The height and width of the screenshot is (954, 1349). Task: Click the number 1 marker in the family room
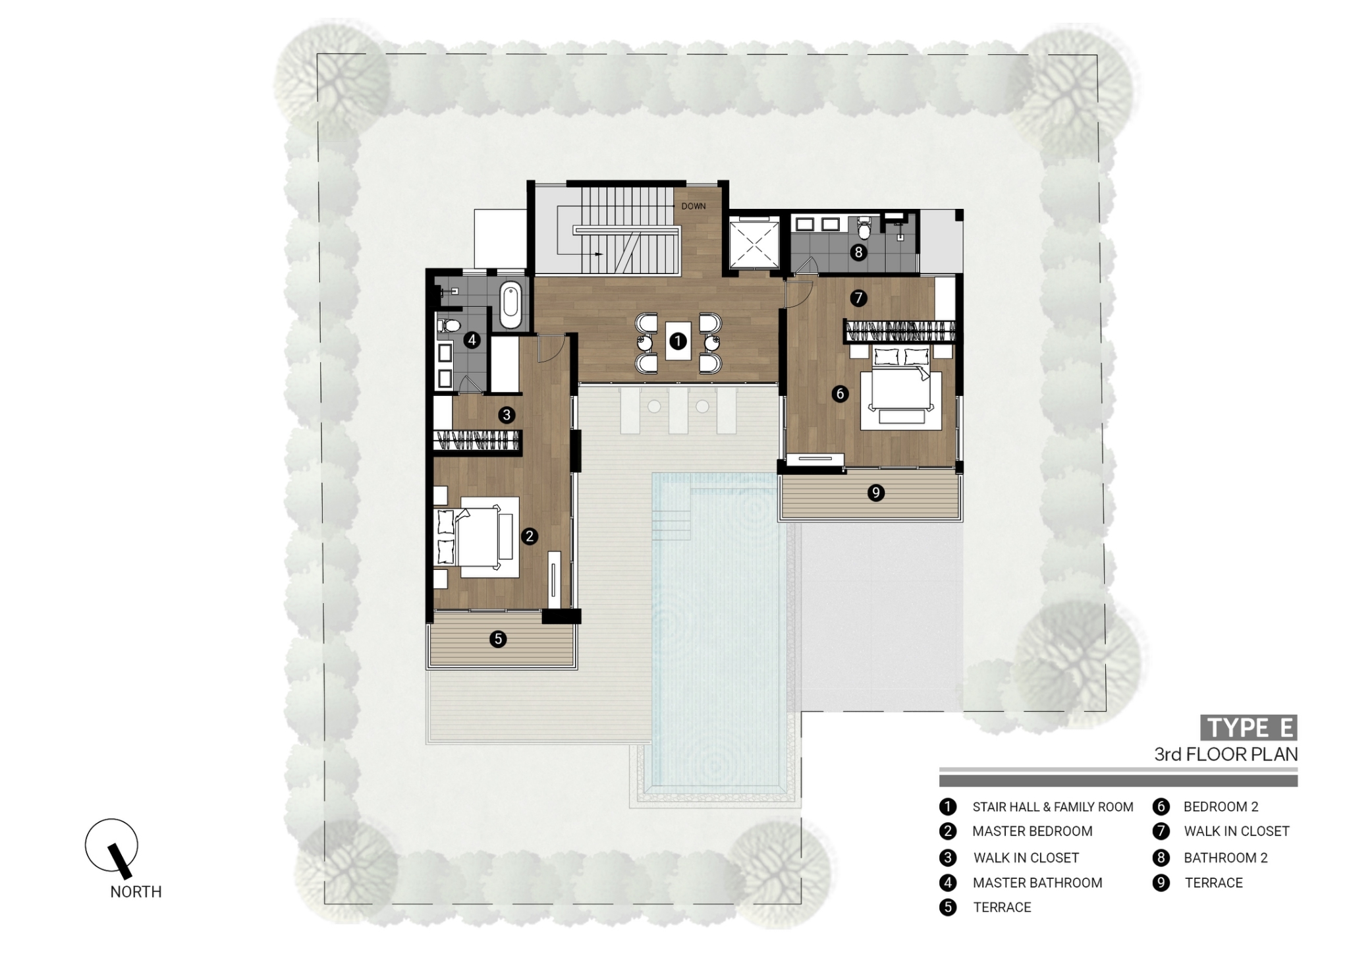678,341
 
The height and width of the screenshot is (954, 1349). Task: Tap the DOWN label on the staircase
693,206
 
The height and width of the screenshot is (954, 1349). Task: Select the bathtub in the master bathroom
510,305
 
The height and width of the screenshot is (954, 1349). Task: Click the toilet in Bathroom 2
864,228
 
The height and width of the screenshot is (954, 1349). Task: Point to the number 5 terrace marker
498,638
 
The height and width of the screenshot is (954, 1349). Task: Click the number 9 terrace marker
875,493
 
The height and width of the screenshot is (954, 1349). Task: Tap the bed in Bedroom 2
901,393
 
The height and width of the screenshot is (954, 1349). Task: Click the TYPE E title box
1248,728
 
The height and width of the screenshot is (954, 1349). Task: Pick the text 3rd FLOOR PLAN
1225,754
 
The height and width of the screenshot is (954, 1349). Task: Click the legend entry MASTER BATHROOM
1037,883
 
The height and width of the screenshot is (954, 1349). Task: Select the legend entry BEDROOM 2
1221,806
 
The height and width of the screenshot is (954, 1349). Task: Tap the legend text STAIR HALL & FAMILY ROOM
1052,807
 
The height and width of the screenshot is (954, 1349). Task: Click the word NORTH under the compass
136,891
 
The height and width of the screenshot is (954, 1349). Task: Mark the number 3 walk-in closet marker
507,415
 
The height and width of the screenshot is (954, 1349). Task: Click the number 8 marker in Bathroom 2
858,252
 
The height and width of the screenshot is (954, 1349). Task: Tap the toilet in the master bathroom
450,325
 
